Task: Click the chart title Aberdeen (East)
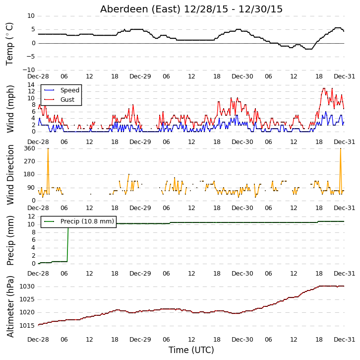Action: [140, 9]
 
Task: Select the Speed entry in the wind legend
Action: [70, 90]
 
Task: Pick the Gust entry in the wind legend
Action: [67, 99]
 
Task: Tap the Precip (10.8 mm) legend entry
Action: [87, 221]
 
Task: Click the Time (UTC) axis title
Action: [191, 350]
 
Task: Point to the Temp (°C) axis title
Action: [9, 44]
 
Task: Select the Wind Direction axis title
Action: [10, 175]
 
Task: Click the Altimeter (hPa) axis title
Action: [10, 306]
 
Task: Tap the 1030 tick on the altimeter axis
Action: [27, 287]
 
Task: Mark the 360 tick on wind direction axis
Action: [30, 148]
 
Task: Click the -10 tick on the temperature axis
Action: [29, 70]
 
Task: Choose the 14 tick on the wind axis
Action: [31, 85]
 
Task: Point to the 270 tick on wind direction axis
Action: [30, 161]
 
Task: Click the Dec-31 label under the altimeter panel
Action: [344, 340]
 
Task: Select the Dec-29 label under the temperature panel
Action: [140, 76]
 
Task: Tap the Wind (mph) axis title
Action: [10, 109]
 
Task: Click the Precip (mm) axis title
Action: [10, 240]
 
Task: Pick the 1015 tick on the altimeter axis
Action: [27, 326]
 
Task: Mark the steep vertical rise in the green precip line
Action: [68, 244]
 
